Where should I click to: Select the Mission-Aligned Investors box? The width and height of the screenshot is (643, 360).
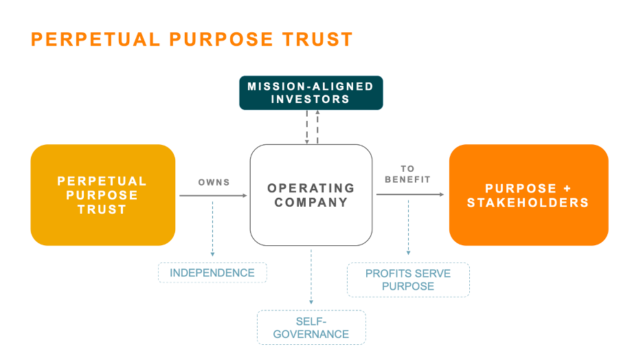(311, 93)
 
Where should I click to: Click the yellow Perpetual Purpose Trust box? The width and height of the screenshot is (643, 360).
(102, 195)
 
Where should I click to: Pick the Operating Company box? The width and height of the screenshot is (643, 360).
(311, 195)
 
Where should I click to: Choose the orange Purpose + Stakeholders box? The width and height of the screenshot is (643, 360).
(528, 195)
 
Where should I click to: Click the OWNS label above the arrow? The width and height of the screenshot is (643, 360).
(214, 183)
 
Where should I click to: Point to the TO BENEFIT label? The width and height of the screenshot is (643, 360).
(407, 174)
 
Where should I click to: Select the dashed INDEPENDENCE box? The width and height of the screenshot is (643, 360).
(212, 273)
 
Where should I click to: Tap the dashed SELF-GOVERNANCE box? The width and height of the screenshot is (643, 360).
(311, 327)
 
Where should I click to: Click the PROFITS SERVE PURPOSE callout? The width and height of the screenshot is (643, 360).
(408, 280)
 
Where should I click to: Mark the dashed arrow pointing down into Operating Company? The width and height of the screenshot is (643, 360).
(306, 128)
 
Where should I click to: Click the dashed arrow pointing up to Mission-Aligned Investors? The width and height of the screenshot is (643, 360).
(317, 128)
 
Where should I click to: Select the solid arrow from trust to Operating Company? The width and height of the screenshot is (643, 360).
(213, 195)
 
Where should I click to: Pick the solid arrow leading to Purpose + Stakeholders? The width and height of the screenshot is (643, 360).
(410, 194)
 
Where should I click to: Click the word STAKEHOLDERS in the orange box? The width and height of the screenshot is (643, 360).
(528, 203)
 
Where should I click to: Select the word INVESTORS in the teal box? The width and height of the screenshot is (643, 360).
(311, 99)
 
